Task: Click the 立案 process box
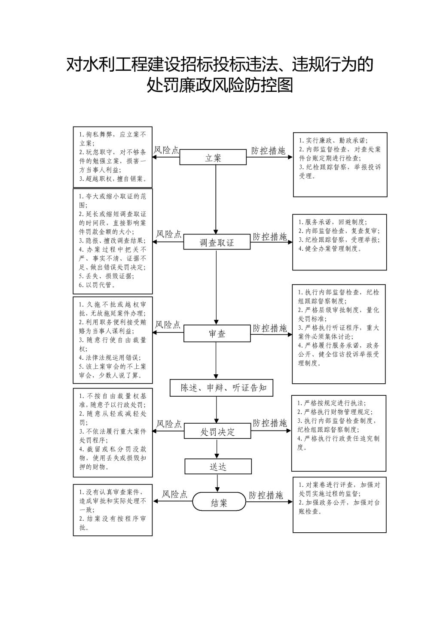pos(213,157)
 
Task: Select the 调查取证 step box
pos(217,242)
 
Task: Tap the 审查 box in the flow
pos(217,334)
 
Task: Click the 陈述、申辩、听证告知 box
pos(222,388)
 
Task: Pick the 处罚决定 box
pos(218,431)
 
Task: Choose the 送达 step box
pos(218,466)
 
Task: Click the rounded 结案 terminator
pos(219,501)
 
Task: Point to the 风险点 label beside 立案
pos(166,150)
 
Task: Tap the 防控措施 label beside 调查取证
pos(269,237)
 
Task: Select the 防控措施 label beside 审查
pos(269,328)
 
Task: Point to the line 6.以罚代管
pos(97,285)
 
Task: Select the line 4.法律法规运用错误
pos(110,358)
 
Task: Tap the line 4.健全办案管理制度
pos(330,249)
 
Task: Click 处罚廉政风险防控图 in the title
pos(220,85)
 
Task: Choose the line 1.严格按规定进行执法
pos(332,403)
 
